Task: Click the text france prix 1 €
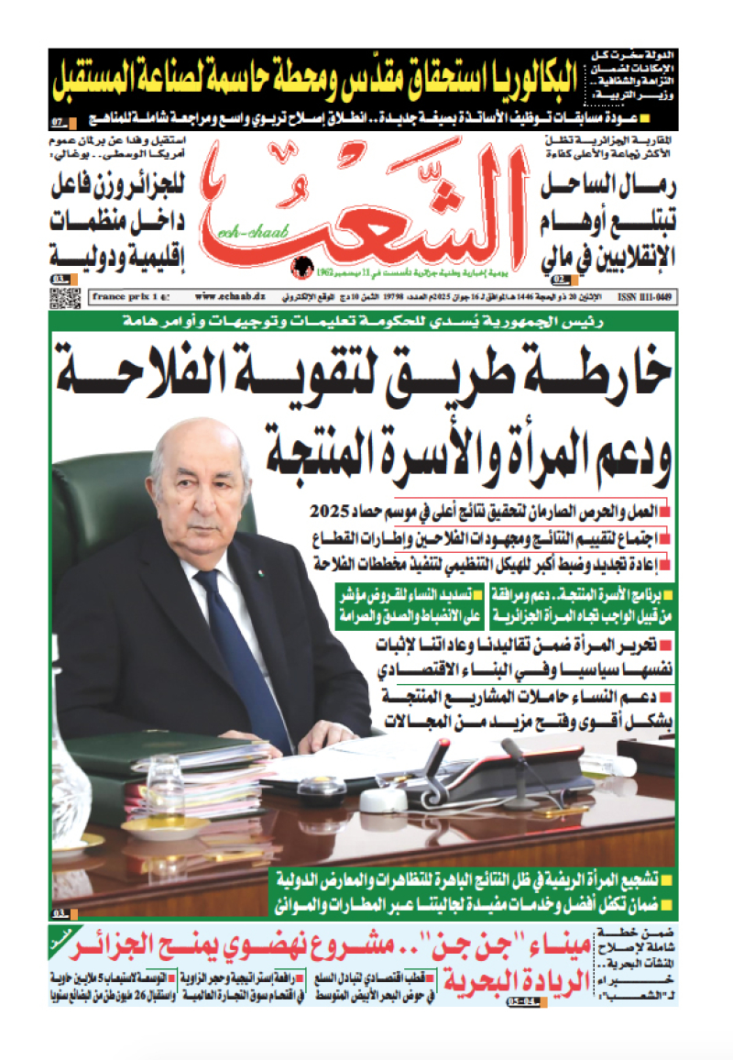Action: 127,297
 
